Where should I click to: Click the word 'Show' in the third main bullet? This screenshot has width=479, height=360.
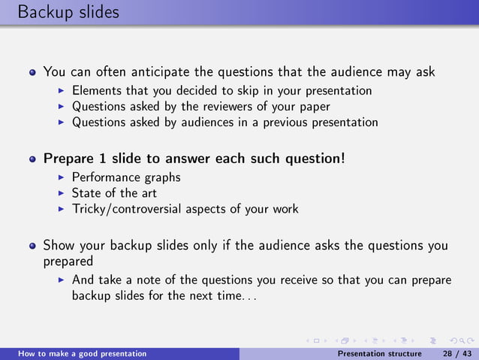(x=59, y=246)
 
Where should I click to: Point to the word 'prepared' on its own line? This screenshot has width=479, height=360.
(x=68, y=262)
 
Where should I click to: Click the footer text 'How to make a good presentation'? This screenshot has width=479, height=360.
(x=83, y=353)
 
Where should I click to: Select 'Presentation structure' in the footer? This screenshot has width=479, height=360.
(x=380, y=353)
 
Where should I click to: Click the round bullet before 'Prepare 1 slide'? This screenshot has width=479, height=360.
(x=33, y=160)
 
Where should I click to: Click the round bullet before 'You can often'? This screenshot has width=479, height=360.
(x=33, y=74)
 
